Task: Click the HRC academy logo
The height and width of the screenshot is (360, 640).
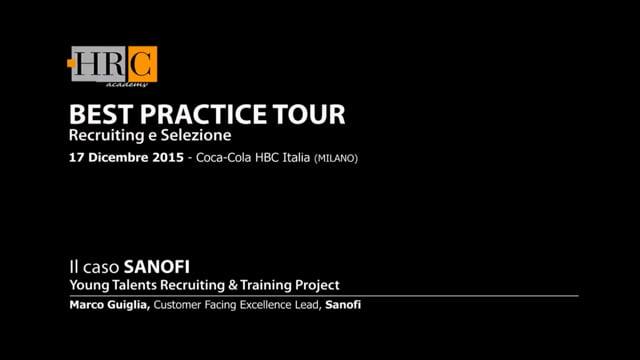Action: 112,68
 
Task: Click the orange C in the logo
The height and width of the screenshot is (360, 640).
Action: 142,65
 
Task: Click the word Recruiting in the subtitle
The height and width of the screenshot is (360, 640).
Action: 104,135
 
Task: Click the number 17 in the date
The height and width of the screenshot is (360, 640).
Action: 76,159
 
